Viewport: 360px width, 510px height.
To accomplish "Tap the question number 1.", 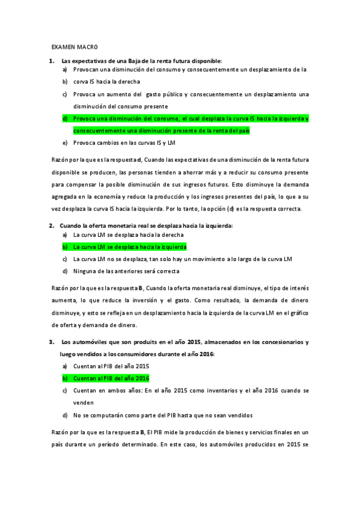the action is tap(52, 61).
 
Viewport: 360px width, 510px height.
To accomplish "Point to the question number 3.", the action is tap(52, 342).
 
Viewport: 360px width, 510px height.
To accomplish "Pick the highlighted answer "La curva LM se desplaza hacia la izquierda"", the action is tap(129, 247).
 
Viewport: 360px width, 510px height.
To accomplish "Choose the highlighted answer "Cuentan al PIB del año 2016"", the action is tap(111, 378).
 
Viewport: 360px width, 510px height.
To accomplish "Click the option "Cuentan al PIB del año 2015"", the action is tap(111, 366).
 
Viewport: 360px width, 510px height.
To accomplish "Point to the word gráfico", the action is tap(297, 313).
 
